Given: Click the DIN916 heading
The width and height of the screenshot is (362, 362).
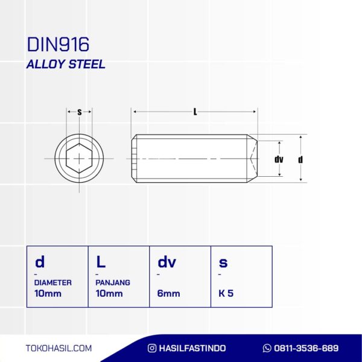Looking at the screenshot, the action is click(58, 44).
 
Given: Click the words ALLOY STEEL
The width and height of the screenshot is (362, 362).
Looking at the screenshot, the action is click(66, 64).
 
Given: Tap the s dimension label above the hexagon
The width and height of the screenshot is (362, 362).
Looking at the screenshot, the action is click(80, 112).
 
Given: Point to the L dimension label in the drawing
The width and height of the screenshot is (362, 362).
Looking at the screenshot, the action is click(195, 112).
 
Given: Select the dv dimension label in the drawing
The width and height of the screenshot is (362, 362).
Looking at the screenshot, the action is click(279, 159).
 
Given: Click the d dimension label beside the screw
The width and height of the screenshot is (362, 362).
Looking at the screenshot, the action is click(300, 159).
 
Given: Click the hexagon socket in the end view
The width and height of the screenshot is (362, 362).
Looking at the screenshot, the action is click(79, 158).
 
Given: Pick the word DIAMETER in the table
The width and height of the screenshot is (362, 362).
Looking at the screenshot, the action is click(53, 282).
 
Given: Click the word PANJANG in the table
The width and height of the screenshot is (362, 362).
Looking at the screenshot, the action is click(113, 282).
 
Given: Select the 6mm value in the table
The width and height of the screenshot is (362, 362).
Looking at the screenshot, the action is click(168, 293).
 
